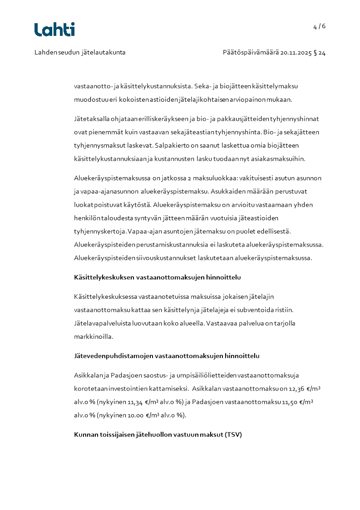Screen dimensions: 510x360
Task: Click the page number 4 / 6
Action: (319, 26)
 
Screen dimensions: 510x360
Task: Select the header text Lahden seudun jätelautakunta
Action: (80, 53)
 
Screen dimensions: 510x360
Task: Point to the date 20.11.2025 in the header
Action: (296, 53)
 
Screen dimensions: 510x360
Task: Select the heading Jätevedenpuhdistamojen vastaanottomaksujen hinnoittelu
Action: (167, 356)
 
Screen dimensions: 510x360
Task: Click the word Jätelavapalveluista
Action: (101, 323)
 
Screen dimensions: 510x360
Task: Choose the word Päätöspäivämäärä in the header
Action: (251, 53)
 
